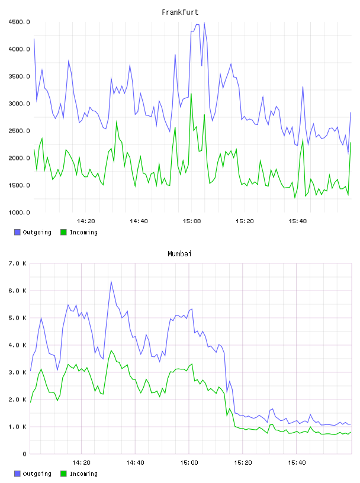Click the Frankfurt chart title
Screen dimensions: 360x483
tap(180, 12)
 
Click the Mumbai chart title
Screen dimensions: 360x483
tap(179, 253)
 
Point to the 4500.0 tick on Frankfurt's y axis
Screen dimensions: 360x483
tap(19, 22)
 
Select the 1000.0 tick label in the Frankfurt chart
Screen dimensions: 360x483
tap(19, 212)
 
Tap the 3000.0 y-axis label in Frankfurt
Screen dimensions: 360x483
tap(19, 104)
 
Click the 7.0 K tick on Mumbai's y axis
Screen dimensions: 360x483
tap(17, 263)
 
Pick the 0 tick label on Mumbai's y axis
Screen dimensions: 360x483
tap(24, 454)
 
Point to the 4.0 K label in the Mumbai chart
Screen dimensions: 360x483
tap(17, 345)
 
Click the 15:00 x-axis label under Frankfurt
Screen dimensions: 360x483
tap(192, 221)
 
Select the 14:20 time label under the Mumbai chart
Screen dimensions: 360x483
tap(81, 462)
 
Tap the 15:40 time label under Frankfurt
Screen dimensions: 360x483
tap(298, 221)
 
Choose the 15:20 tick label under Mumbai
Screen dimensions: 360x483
tap(243, 462)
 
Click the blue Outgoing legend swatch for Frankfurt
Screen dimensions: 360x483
tap(17, 232)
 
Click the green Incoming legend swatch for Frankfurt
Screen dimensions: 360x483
tap(63, 232)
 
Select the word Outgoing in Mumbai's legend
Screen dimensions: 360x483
tap(37, 474)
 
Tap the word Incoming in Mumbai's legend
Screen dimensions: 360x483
tap(83, 474)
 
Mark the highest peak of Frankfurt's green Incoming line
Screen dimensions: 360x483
tap(191, 94)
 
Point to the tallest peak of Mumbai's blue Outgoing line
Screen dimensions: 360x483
tap(111, 281)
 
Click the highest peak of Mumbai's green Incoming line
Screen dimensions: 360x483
tap(111, 350)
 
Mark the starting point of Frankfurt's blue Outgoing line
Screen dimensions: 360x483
tap(34, 38)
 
